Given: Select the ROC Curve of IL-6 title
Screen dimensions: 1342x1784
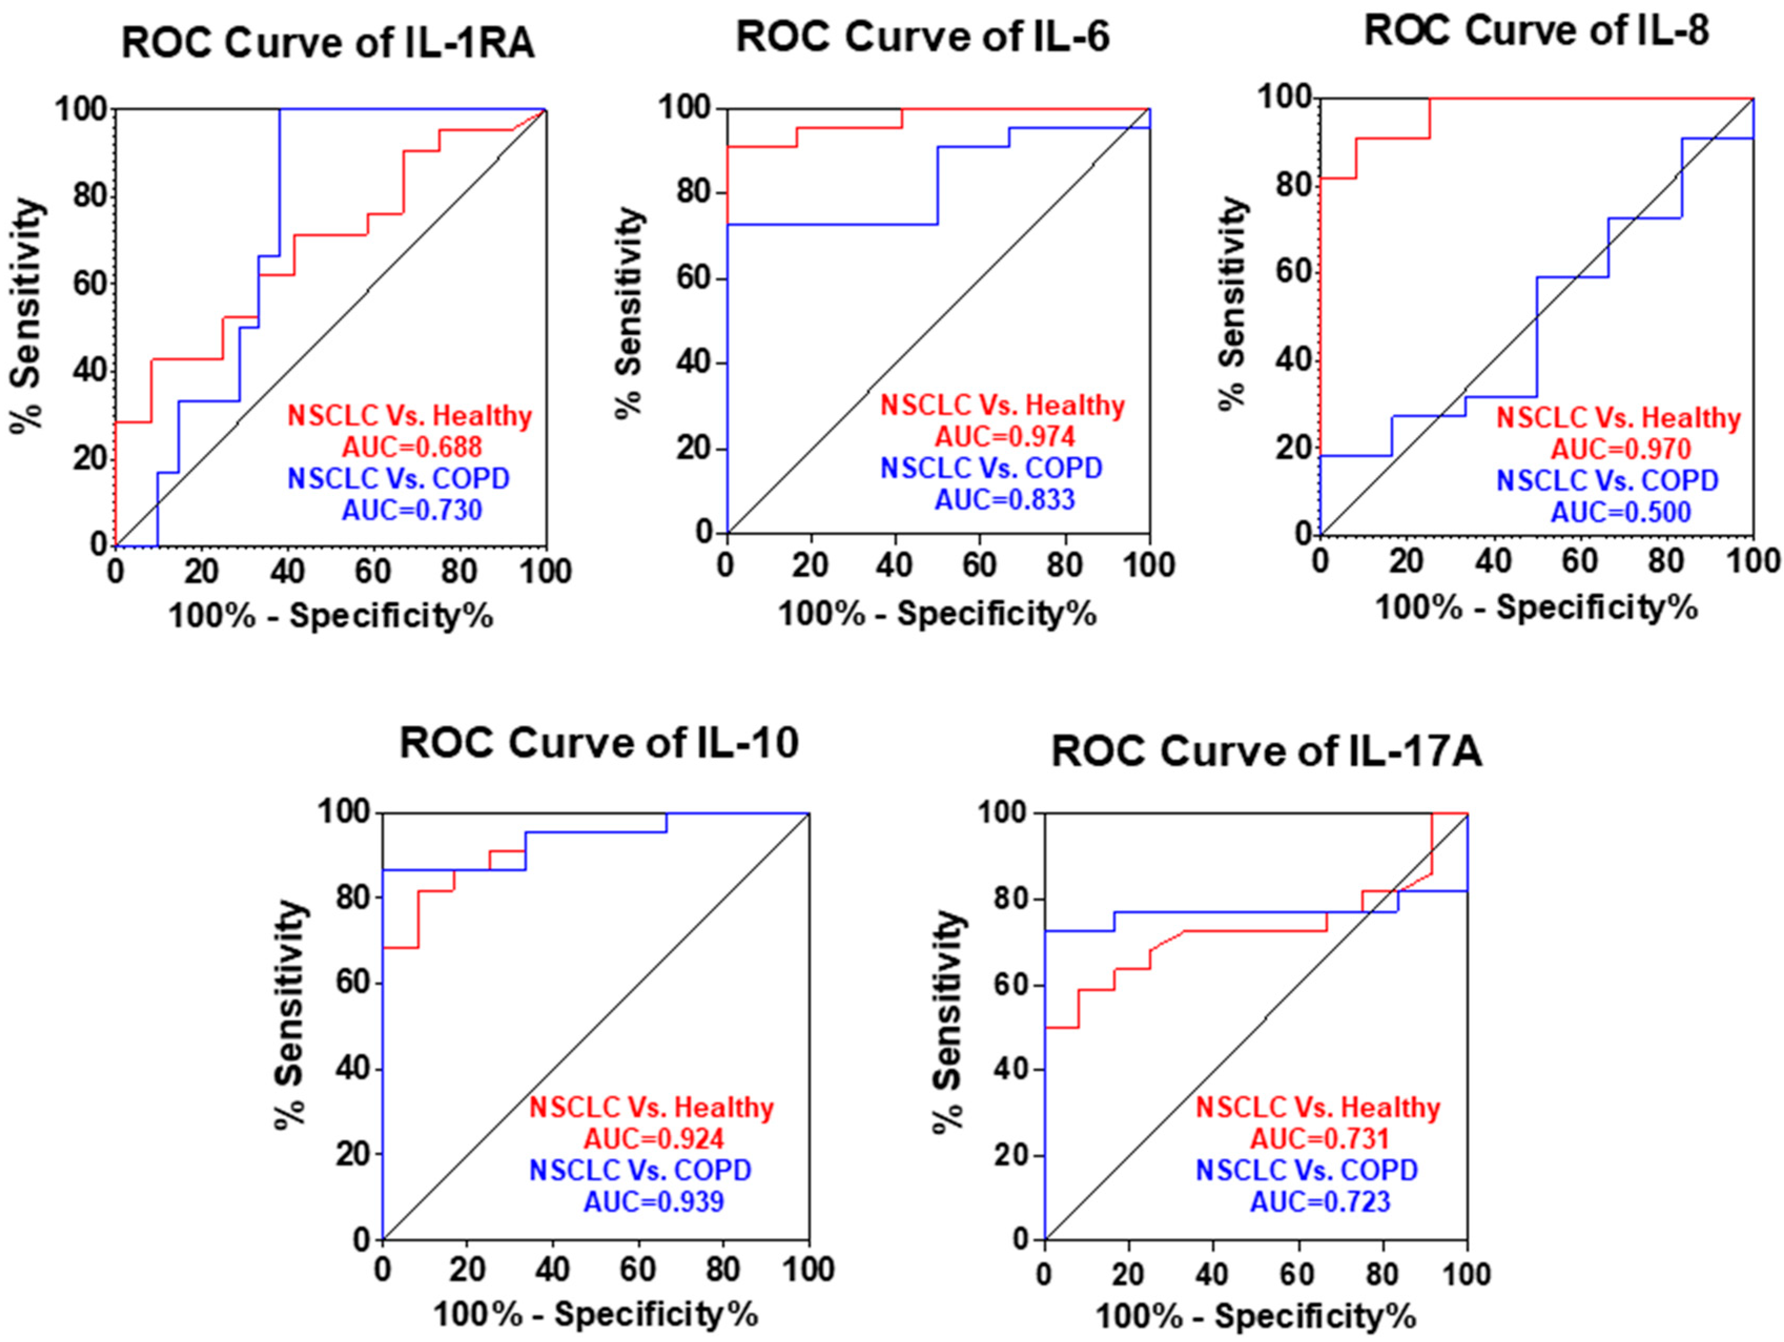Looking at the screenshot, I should pyautogui.click(x=923, y=36).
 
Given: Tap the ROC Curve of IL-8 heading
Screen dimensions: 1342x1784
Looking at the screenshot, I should pyautogui.click(x=1536, y=30).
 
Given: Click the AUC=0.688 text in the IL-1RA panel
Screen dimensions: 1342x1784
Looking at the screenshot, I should pyautogui.click(x=412, y=447).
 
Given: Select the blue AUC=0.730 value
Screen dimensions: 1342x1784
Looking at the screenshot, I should pyautogui.click(x=412, y=510).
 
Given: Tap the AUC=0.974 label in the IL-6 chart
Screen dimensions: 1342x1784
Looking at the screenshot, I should pyautogui.click(x=1005, y=437).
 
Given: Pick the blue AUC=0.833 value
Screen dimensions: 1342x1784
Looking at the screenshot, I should pyautogui.click(x=1005, y=500).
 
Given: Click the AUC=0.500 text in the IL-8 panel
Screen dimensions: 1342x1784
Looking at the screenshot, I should pyautogui.click(x=1621, y=512).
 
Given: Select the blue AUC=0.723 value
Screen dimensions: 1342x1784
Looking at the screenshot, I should pyautogui.click(x=1320, y=1202).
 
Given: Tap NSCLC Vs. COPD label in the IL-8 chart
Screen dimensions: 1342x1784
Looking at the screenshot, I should pyautogui.click(x=1607, y=481).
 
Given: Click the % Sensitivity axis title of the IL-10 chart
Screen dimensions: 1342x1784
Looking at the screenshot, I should pyautogui.click(x=291, y=1014).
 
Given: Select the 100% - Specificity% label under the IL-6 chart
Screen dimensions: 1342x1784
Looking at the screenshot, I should pyautogui.click(x=937, y=615).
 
